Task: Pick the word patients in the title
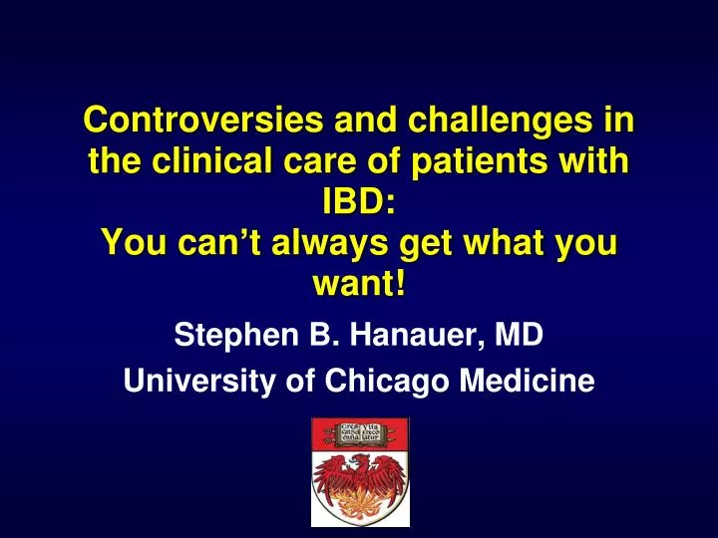pos(472,162)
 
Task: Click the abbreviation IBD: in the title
pos(359,203)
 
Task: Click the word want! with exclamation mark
pos(359,285)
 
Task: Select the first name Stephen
pos(225,336)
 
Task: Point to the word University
pos(187,380)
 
